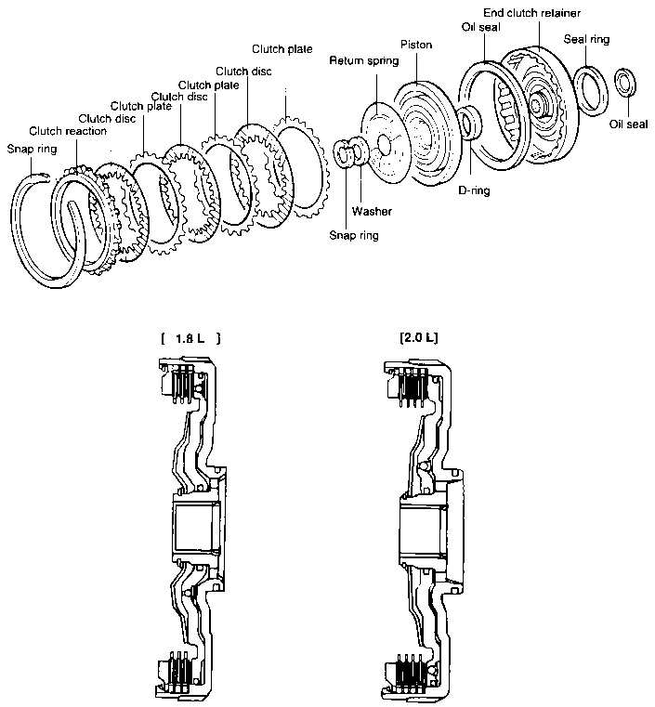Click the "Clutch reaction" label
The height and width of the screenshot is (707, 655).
tap(68, 131)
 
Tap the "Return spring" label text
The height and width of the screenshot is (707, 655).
tap(363, 60)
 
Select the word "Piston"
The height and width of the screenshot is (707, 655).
tap(415, 44)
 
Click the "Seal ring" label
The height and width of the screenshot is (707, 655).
tap(586, 40)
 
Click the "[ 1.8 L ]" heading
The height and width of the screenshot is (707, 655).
tap(190, 338)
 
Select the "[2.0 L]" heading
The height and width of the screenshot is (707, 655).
tap(415, 337)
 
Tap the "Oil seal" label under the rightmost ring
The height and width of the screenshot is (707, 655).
tap(628, 123)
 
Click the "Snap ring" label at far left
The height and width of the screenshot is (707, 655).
tap(25, 149)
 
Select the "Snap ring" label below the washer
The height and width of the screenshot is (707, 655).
tap(354, 236)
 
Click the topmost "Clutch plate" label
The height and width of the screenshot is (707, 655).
tap(282, 48)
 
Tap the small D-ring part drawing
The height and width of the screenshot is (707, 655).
tap(468, 124)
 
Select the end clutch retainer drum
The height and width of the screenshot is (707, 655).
tap(539, 93)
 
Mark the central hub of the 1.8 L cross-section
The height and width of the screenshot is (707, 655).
tap(194, 525)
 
